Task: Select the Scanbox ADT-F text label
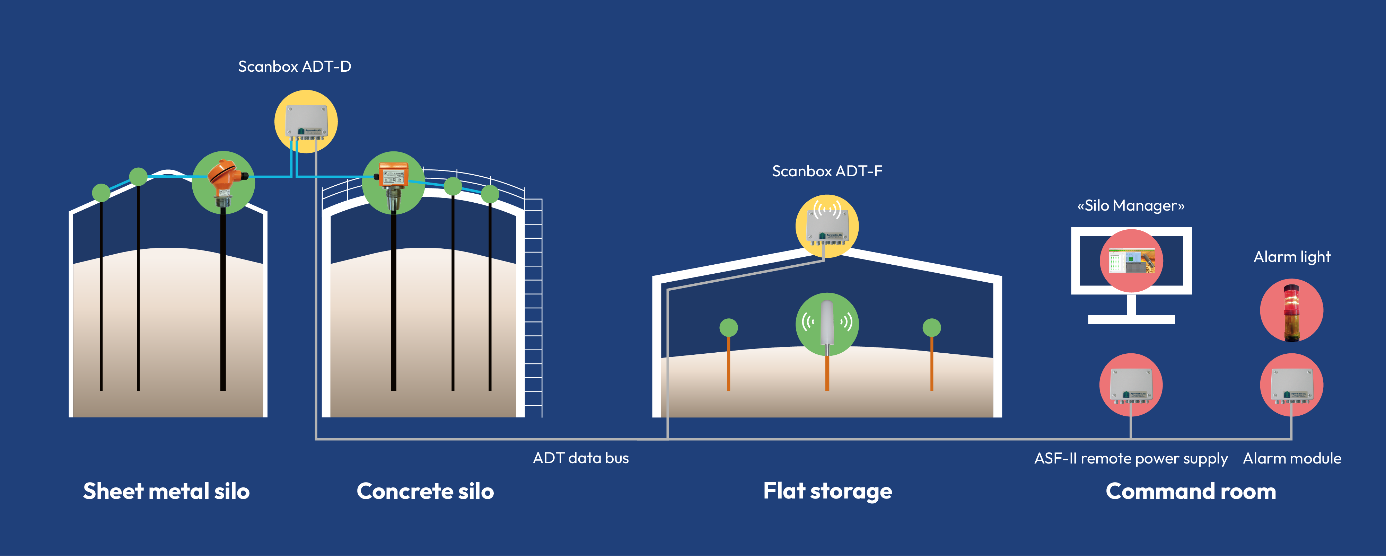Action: [827, 171]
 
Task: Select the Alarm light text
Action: [1292, 257]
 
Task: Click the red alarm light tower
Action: [1291, 311]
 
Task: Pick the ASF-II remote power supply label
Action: [1131, 459]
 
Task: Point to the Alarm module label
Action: [1292, 459]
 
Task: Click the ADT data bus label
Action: [580, 458]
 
